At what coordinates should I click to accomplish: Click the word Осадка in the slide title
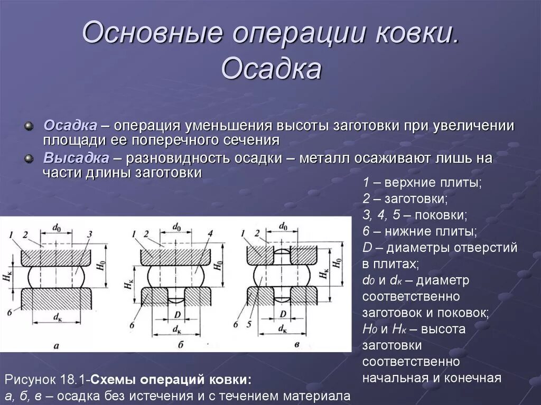(x=271, y=69)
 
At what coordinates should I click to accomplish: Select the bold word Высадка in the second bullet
(x=76, y=158)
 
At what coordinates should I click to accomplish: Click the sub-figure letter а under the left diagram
(x=57, y=346)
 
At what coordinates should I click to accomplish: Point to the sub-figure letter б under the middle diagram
(x=180, y=345)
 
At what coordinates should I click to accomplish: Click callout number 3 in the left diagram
(x=90, y=234)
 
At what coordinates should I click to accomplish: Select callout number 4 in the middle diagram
(x=210, y=233)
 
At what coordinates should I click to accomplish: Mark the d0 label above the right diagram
(x=283, y=227)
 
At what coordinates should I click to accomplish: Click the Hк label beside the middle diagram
(x=128, y=285)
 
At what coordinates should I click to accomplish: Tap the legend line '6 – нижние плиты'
(x=419, y=231)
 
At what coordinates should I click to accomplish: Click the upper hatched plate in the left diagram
(x=57, y=257)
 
